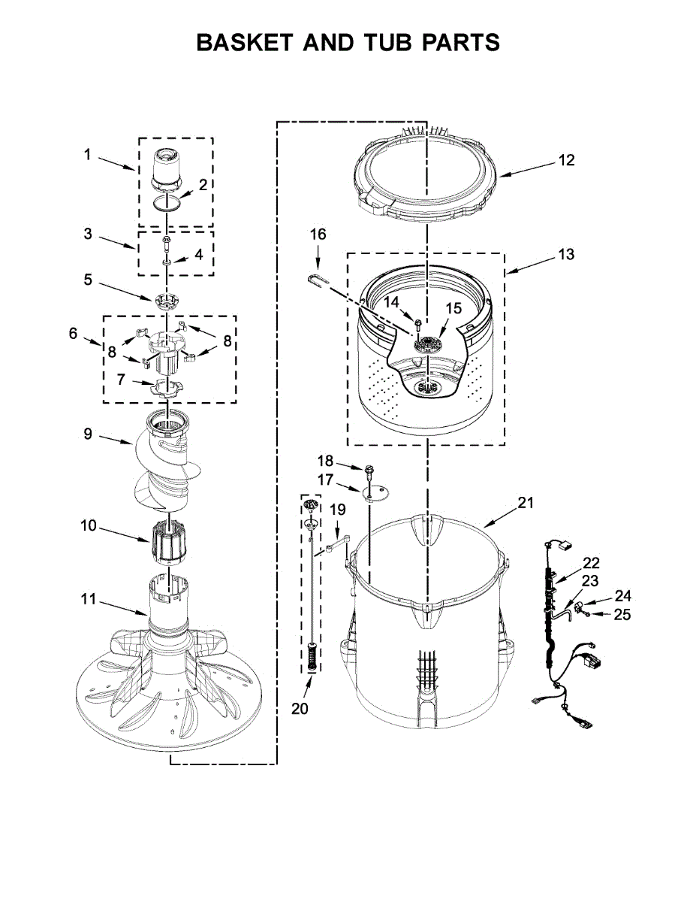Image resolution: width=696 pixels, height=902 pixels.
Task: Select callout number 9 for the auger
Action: click(87, 434)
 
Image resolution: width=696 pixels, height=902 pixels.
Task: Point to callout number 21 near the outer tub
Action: click(525, 503)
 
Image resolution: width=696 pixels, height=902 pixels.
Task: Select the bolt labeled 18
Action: click(369, 471)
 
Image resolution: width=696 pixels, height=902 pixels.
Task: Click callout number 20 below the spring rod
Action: click(300, 708)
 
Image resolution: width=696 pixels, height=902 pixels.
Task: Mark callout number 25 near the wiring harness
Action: click(622, 615)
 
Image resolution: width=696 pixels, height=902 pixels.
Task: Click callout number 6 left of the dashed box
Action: click(73, 333)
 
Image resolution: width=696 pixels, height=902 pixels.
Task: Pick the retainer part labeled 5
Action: click(167, 301)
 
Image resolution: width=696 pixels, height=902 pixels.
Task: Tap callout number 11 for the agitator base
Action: click(89, 599)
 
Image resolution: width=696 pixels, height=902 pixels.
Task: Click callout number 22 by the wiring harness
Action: click(592, 562)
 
